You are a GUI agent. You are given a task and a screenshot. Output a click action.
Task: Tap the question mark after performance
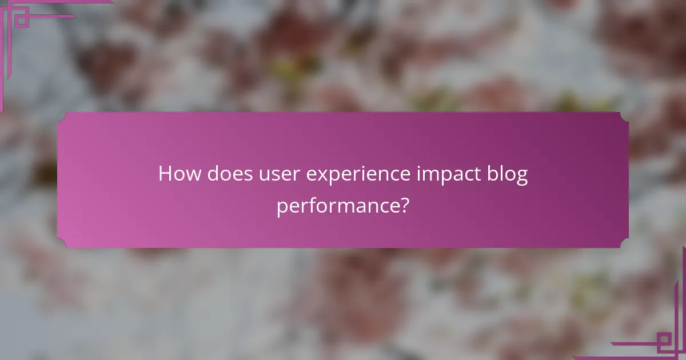pyautogui.click(x=404, y=205)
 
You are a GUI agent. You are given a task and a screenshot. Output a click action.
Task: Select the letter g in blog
pyautogui.click(x=521, y=177)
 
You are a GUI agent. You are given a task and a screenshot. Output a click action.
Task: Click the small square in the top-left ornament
pyautogui.click(x=21, y=20)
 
